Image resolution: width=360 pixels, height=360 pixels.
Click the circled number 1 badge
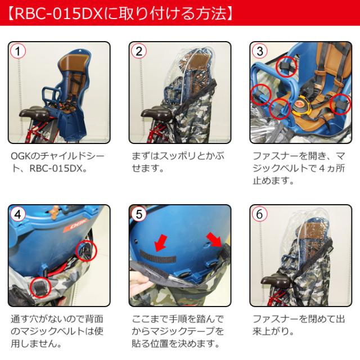tap(18, 51)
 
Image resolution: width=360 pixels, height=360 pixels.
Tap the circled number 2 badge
tap(139, 51)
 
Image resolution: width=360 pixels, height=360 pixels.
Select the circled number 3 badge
tap(260, 51)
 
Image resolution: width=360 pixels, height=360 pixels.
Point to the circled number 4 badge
tap(18, 214)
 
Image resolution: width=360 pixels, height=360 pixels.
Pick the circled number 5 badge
tap(139, 214)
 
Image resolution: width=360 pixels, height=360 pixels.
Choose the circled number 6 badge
tap(260, 214)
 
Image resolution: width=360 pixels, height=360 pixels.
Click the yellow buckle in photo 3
tap(301, 105)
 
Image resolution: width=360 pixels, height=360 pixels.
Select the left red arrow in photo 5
tap(161, 242)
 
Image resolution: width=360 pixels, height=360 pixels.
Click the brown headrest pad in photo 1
tap(73, 62)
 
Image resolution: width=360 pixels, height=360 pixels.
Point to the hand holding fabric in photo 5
tap(139, 281)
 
